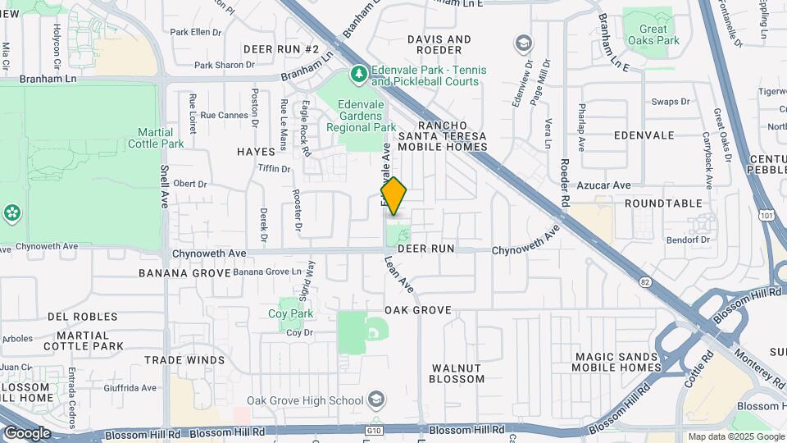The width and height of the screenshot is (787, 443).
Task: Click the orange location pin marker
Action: coord(393,196)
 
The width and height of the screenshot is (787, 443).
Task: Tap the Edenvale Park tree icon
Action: coord(358,75)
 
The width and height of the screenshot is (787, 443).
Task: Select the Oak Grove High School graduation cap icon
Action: coord(375,400)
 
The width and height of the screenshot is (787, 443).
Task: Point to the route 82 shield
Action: coord(646,281)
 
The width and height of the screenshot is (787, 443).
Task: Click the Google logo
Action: coord(27,432)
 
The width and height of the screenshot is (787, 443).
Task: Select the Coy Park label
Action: coord(291,313)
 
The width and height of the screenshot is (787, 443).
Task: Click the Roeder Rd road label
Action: coord(565,182)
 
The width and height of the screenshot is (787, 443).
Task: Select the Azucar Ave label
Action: coord(603,186)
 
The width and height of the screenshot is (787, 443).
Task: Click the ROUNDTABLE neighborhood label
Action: coord(663,203)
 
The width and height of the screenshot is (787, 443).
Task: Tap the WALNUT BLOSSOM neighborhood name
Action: coord(457,373)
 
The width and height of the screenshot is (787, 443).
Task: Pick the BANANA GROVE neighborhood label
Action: coord(184,272)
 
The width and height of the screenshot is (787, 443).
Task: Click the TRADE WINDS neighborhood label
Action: coord(184,360)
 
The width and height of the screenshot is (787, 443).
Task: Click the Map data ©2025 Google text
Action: coord(735,436)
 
